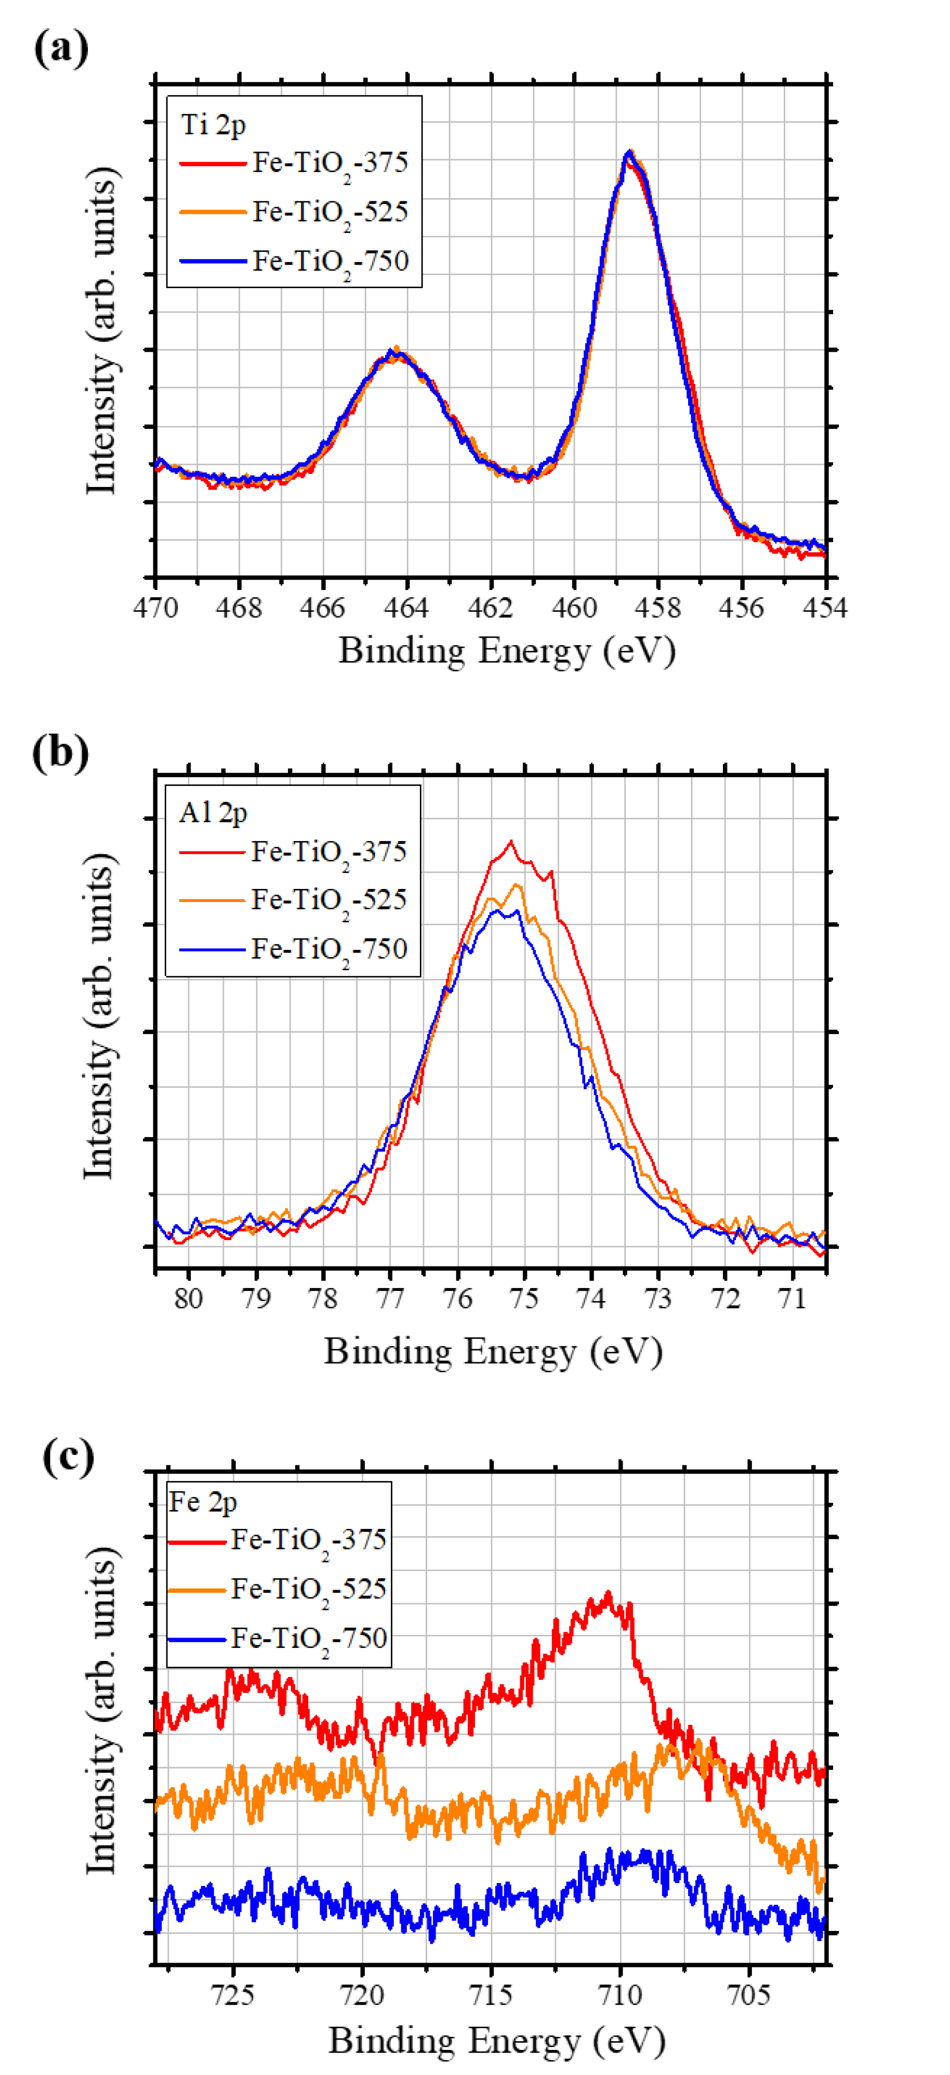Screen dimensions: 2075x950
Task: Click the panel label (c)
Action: pos(69,1457)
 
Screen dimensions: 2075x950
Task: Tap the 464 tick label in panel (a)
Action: pos(406,608)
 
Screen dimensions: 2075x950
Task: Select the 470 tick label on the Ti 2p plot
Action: pos(155,608)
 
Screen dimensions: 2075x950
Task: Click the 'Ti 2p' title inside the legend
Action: pos(214,125)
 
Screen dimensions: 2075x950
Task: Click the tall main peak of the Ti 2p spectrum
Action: pos(629,153)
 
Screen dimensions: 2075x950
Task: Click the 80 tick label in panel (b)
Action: pos(189,1298)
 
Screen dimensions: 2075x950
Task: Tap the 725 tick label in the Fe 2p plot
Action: pos(233,1995)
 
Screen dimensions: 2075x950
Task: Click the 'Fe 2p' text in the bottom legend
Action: pos(203,1502)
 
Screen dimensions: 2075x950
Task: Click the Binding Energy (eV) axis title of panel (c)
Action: pos(497,2040)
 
